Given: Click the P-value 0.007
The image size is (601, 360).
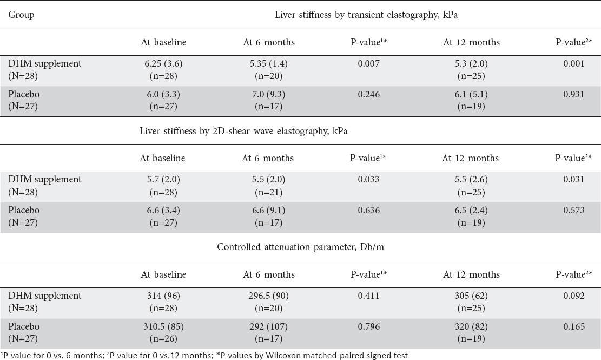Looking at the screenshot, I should pos(369,63).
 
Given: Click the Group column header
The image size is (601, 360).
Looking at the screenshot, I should pos(21,15).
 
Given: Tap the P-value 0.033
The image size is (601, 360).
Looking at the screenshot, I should pos(369,179).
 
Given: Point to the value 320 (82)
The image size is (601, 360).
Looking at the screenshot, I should pos(471,326).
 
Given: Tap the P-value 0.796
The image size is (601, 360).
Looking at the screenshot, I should pos(369,326).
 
